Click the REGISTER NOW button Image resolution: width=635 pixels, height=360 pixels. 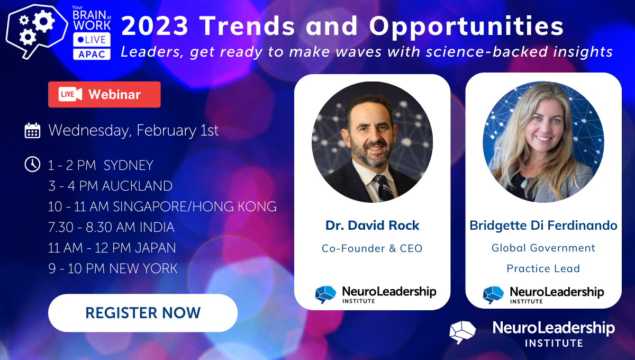click(143, 313)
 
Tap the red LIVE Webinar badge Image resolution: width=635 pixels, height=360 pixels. click(104, 94)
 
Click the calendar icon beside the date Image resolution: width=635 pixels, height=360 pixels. click(32, 131)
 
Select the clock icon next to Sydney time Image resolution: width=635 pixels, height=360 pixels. click(32, 164)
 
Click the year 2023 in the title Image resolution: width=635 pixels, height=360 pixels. click(155, 26)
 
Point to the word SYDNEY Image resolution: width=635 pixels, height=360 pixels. click(129, 165)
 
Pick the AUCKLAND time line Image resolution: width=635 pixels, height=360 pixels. click(110, 186)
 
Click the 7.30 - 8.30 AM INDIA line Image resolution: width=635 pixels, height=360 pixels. click(111, 227)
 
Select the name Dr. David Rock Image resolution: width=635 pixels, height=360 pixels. click(372, 226)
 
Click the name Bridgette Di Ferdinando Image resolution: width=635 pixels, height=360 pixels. click(543, 226)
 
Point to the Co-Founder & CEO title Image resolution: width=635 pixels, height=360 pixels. click(372, 248)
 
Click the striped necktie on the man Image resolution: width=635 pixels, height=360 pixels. click(383, 188)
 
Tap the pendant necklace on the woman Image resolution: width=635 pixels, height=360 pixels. click(524, 183)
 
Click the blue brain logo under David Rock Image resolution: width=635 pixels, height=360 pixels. click(326, 294)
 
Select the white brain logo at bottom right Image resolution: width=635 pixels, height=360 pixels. click(462, 332)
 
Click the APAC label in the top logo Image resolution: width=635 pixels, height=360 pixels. click(92, 54)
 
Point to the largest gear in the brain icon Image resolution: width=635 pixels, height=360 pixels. click(43, 22)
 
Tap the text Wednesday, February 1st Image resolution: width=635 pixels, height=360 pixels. click(133, 130)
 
